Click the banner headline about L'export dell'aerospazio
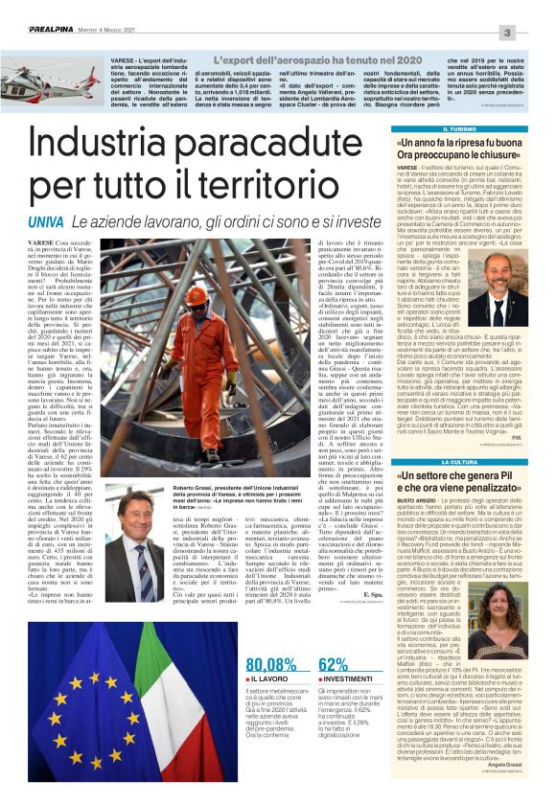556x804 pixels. [x=278, y=61]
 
